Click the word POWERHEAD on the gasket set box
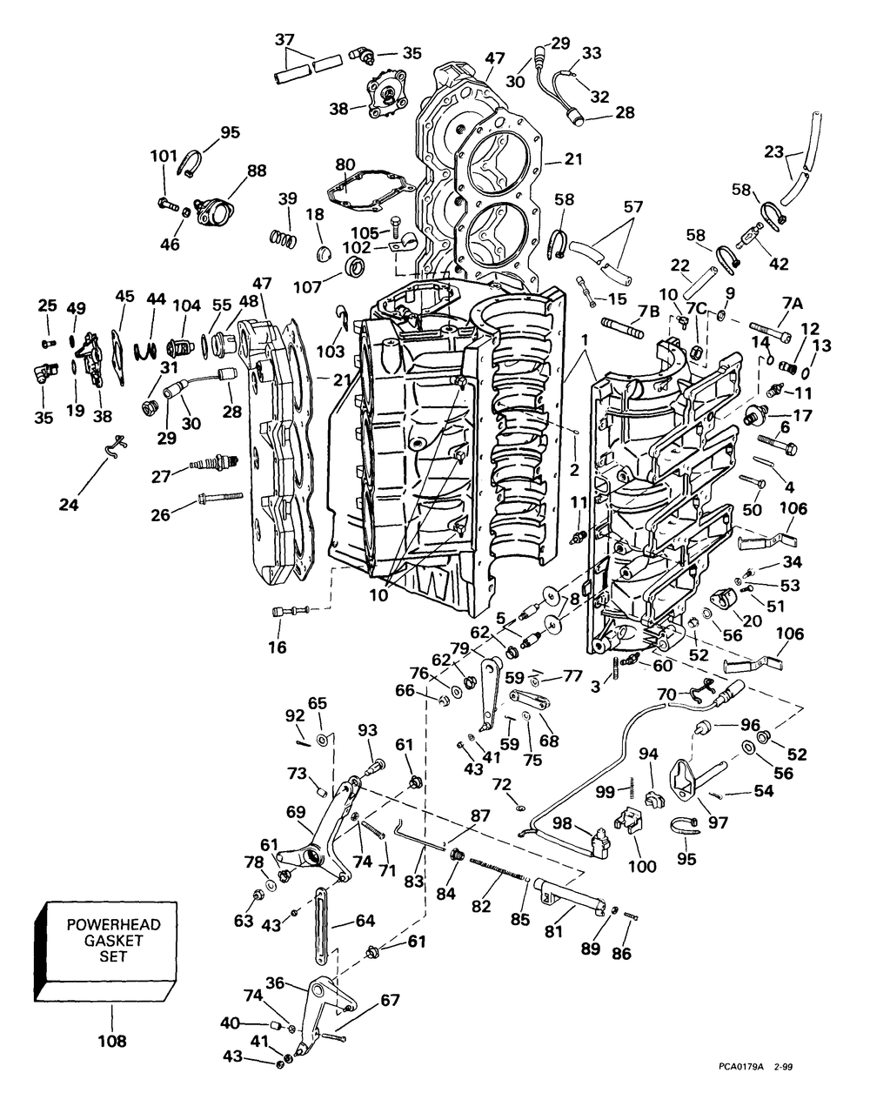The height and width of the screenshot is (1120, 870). pyautogui.click(x=113, y=924)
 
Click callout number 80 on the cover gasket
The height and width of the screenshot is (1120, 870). pyautogui.click(x=345, y=165)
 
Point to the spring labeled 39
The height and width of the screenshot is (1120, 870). pyautogui.click(x=284, y=238)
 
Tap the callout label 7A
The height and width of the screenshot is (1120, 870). pyautogui.click(x=793, y=305)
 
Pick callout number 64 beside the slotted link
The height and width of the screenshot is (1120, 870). pyautogui.click(x=365, y=921)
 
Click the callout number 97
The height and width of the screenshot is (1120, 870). pyautogui.click(x=718, y=822)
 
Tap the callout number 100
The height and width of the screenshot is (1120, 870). pyautogui.click(x=643, y=867)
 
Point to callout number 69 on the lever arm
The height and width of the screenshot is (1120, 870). pyautogui.click(x=296, y=812)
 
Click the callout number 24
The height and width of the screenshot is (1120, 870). pyautogui.click(x=69, y=505)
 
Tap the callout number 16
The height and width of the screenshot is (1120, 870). pyautogui.click(x=278, y=647)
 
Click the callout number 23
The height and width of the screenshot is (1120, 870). pyautogui.click(x=773, y=152)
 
